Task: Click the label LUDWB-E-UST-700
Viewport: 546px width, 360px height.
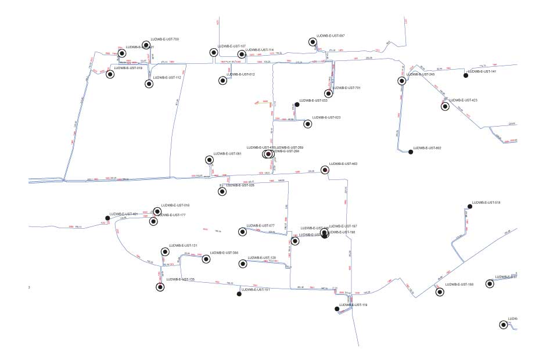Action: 164,39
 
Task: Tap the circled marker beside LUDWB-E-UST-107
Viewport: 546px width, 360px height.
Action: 214,53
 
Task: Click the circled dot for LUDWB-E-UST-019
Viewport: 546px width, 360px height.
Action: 110,74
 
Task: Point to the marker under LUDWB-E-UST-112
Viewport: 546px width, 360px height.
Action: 149,84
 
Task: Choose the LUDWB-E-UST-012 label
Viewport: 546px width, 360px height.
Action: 240,74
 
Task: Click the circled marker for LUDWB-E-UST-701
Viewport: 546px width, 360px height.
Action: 329,93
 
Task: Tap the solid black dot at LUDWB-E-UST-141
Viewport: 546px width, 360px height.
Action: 466,75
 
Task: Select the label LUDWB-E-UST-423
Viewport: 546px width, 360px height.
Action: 463,100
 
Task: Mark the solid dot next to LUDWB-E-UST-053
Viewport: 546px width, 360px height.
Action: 297,105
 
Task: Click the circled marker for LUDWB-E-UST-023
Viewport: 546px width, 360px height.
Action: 308,123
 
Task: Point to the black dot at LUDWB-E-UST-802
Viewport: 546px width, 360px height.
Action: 411,152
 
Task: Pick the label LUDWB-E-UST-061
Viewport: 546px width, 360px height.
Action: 227,154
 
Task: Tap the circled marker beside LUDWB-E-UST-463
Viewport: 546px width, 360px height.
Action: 325,170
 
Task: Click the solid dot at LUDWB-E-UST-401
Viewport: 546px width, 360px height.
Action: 107,218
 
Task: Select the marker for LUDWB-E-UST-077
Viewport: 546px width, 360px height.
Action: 243,232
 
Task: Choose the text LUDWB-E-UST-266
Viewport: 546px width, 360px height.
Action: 224,253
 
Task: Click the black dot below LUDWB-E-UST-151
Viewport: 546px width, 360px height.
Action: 239,294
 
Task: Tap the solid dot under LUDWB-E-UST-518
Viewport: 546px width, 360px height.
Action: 470,207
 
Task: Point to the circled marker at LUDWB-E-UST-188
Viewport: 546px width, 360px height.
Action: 440,291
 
